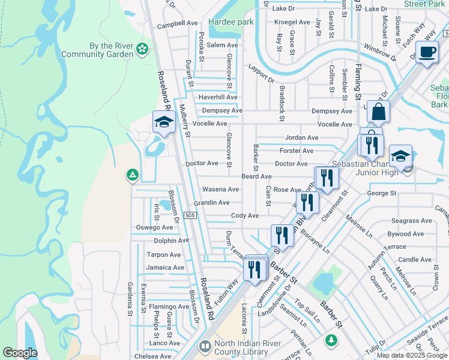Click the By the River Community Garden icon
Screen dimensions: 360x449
142,49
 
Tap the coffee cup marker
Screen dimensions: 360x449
427,53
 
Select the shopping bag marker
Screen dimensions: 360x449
378,112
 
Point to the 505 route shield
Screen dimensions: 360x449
190,215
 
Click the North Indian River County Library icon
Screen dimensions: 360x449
205,347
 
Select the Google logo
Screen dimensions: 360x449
20,352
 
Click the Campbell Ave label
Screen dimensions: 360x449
177,26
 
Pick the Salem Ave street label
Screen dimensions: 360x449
223,46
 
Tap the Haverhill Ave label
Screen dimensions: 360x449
218,97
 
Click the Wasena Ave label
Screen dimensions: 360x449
220,190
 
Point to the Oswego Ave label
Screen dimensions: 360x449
154,227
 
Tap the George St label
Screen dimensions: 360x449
382,193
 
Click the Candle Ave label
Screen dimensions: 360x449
415,260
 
